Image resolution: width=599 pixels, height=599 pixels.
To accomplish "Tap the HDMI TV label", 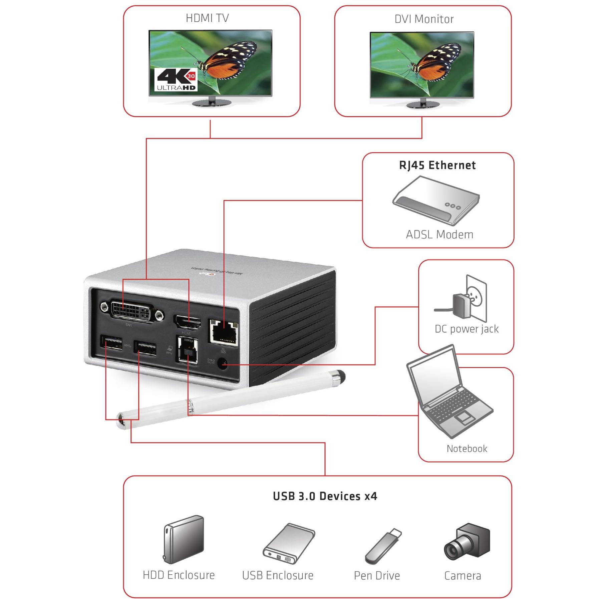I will (207, 18).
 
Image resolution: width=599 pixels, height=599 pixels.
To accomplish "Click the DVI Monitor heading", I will (424, 19).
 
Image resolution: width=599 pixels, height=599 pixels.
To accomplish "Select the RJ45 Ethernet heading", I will (437, 165).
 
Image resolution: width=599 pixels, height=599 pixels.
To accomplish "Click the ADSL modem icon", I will (435, 200).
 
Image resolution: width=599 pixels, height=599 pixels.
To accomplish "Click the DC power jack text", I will (467, 329).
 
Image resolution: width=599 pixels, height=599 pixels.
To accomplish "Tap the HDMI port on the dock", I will (187, 323).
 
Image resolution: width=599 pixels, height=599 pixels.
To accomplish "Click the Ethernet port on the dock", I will (223, 331).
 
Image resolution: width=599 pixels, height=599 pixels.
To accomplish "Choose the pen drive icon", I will (383, 546).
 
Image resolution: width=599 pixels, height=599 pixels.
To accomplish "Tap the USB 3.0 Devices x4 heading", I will (325, 496).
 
